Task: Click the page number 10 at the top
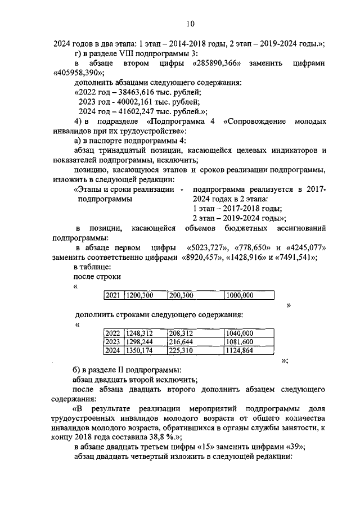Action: [190, 23]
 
